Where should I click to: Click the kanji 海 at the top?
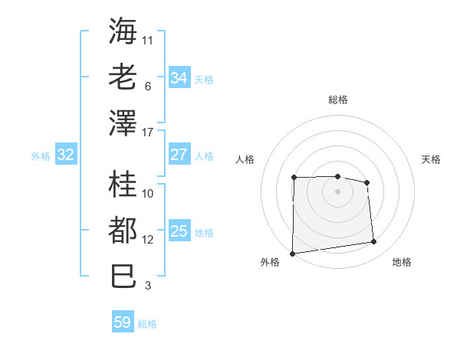point(123,31)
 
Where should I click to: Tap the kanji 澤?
point(123,123)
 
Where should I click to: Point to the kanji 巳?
point(123,276)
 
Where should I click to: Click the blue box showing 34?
point(179,78)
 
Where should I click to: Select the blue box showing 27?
point(179,155)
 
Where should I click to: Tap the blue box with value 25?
point(179,231)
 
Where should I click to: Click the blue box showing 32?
point(65,155)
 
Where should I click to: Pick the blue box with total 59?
point(123,322)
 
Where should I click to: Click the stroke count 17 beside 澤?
point(148,133)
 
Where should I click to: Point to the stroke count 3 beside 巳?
point(147,286)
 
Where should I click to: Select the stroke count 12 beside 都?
point(148,240)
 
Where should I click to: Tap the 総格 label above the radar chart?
point(337,100)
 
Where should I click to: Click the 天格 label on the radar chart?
point(431,159)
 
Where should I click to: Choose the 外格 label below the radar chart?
point(269,262)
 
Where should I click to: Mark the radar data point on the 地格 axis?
point(374,242)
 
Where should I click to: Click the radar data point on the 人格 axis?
point(294,178)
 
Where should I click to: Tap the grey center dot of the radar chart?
point(337,191)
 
